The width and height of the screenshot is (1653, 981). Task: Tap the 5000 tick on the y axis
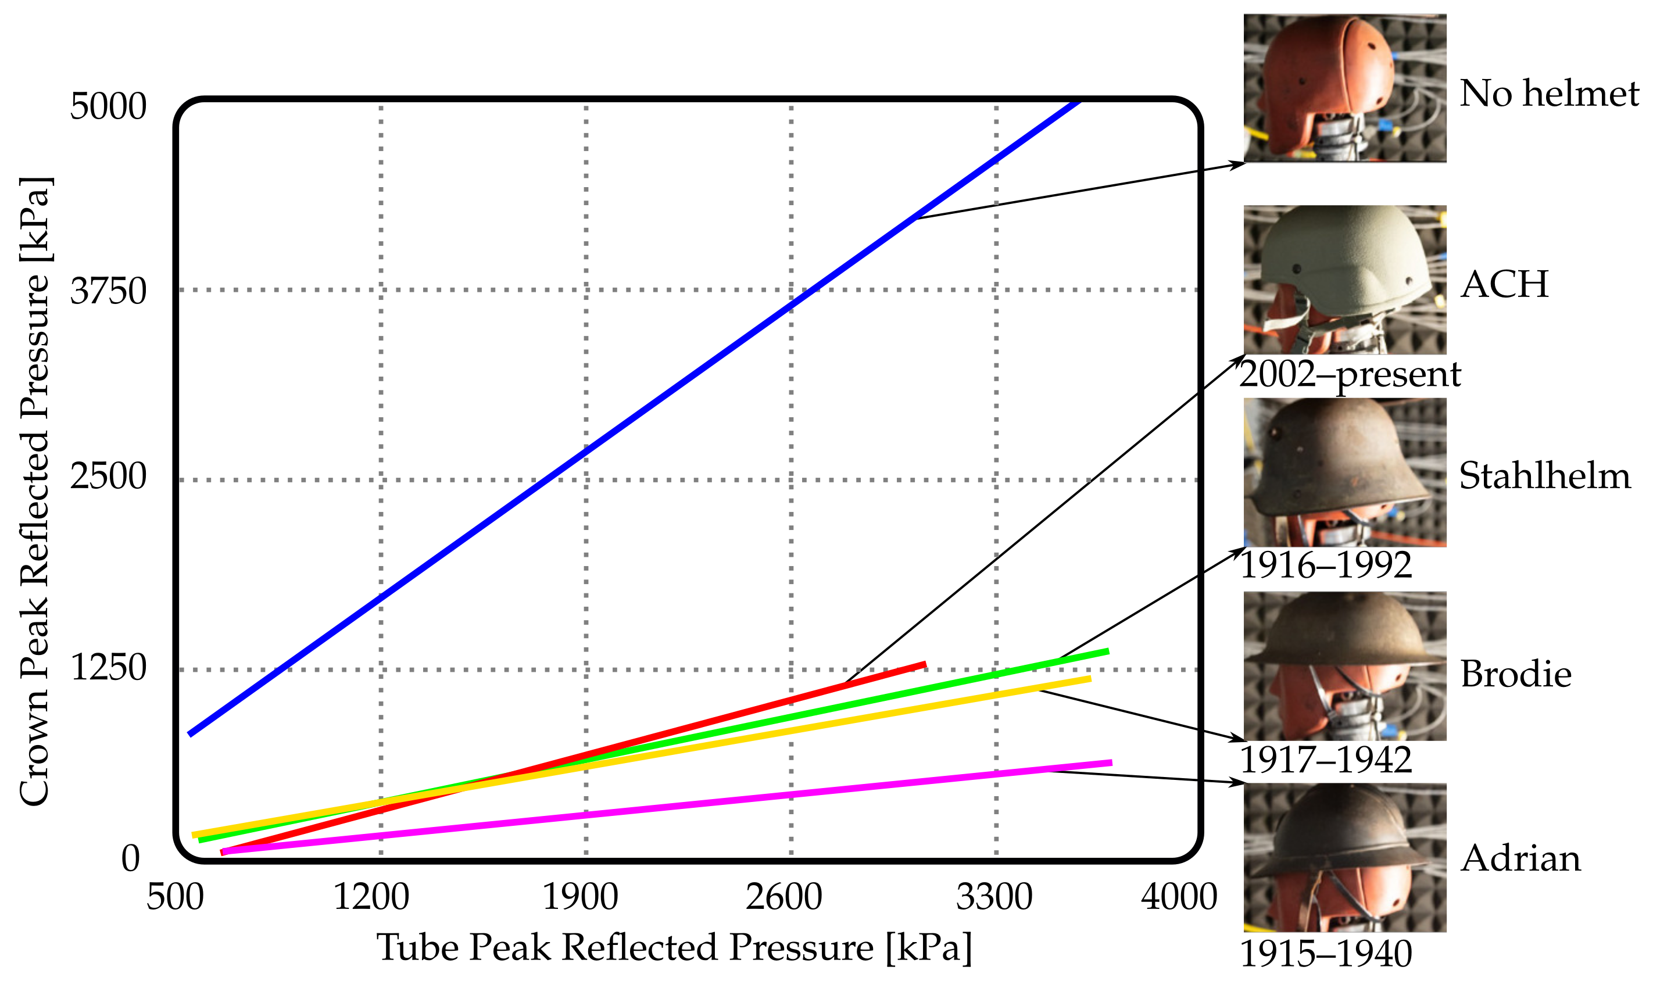[x=108, y=106]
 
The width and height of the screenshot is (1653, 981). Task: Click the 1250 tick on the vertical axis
[x=108, y=668]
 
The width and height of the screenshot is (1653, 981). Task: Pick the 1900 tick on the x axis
[x=579, y=897]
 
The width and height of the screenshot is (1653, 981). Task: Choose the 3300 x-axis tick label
[x=994, y=897]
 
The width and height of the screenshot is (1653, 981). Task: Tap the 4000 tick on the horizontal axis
[x=1179, y=897]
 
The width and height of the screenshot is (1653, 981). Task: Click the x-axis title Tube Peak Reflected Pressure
[x=674, y=947]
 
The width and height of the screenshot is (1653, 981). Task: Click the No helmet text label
[x=1549, y=93]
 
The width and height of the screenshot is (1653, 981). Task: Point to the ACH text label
[x=1504, y=284]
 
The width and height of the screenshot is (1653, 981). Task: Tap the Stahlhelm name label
[x=1545, y=476]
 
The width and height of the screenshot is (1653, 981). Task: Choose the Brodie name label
[x=1515, y=674]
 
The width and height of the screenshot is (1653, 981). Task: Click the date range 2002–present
[x=1350, y=375]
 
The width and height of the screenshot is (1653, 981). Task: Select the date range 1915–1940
[x=1325, y=954]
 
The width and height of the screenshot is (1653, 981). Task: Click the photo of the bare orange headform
[x=1344, y=88]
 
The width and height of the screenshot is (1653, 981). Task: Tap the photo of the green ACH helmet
[x=1344, y=280]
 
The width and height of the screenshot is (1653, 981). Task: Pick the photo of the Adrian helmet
[x=1344, y=857]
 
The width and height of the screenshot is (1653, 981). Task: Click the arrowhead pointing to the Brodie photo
[x=1237, y=737]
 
